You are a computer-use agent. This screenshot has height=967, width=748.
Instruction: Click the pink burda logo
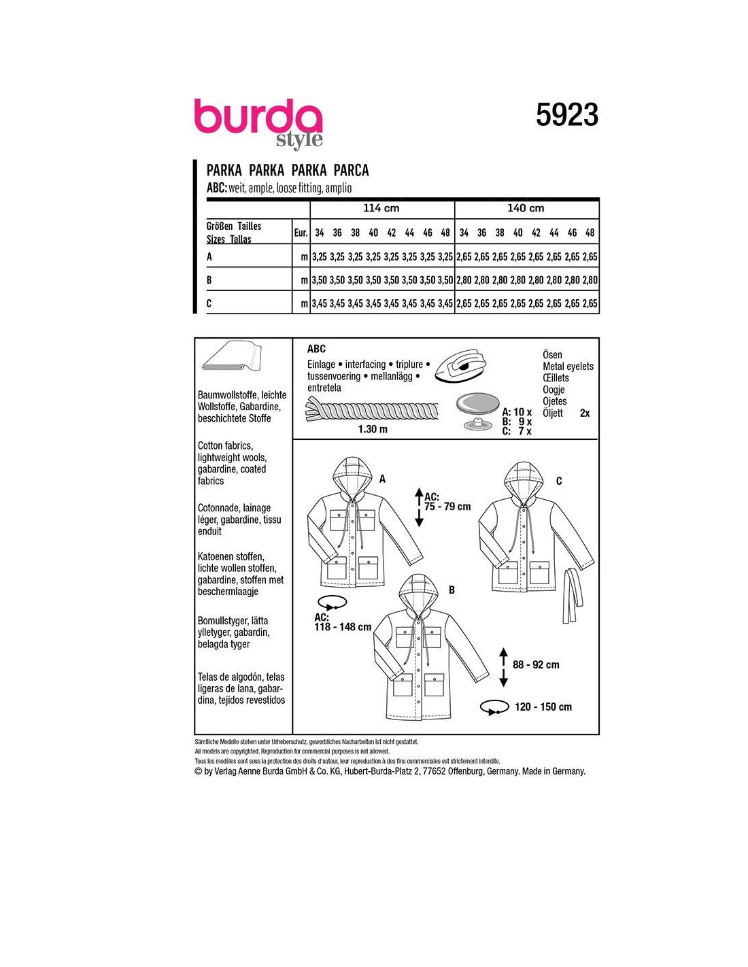[258, 116]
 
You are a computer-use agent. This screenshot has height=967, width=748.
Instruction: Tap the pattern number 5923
[567, 115]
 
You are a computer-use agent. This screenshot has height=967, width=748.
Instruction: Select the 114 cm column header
[381, 208]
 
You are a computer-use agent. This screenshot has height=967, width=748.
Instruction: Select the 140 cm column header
[526, 208]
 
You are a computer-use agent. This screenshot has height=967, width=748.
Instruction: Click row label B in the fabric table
[209, 280]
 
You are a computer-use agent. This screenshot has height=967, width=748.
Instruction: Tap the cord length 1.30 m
[373, 429]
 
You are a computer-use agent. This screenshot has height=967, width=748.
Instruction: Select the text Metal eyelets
[568, 367]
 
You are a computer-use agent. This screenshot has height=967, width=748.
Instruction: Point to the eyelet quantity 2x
[585, 413]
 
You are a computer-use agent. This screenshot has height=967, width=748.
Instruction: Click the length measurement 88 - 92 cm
[536, 664]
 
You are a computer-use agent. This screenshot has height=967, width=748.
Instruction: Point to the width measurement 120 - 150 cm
[543, 707]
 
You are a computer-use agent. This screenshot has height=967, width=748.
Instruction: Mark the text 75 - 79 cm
[447, 507]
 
